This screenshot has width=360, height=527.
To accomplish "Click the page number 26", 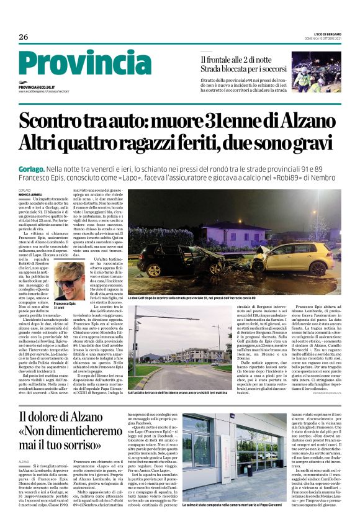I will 24,37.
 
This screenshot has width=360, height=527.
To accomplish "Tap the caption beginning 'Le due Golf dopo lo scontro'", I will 205,299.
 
